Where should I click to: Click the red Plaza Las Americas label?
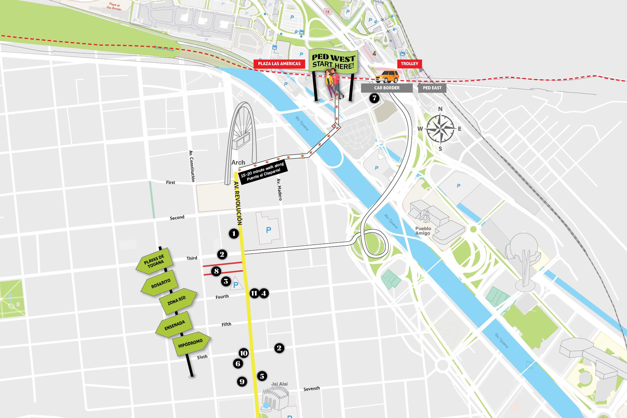pyautogui.click(x=279, y=64)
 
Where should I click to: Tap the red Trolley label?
pyautogui.click(x=409, y=64)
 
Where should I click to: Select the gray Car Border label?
pyautogui.click(x=387, y=88)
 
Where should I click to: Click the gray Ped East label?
pyautogui.click(x=432, y=88)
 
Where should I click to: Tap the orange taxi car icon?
pyautogui.click(x=387, y=77)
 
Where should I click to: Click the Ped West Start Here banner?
pyautogui.click(x=333, y=62)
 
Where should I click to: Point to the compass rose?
pyautogui.click(x=440, y=129)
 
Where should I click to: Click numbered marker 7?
pyautogui.click(x=374, y=98)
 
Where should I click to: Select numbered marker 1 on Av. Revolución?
pyautogui.click(x=234, y=234)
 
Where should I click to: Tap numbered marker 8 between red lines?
pyautogui.click(x=216, y=271)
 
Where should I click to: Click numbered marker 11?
pyautogui.click(x=254, y=293)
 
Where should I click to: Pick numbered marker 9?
pyautogui.click(x=242, y=382)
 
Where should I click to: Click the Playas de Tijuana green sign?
pyautogui.click(x=155, y=261)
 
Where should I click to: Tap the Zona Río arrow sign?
pyautogui.click(x=177, y=301)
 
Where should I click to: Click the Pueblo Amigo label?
pyautogui.click(x=423, y=231)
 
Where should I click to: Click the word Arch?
pyautogui.click(x=238, y=162)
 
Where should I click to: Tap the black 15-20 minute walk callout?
pyautogui.click(x=263, y=172)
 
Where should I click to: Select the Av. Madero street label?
pyautogui.click(x=279, y=189)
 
